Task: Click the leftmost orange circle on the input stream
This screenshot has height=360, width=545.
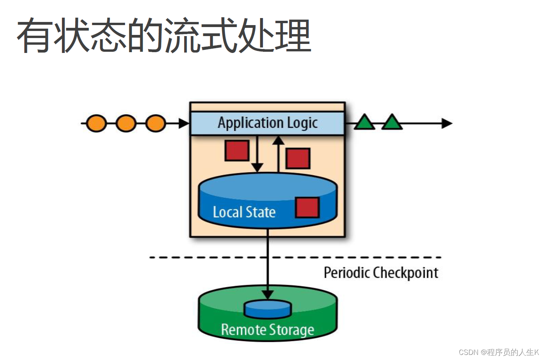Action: coord(96,123)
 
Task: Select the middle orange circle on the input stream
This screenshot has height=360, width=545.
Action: coord(126,123)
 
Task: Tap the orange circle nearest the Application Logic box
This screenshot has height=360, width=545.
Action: coord(156,123)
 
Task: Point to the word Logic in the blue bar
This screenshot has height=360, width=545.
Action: coord(302,123)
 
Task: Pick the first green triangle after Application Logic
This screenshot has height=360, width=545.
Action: coord(364,123)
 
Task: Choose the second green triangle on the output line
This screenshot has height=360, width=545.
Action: coord(392,123)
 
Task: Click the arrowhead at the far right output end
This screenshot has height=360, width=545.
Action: coord(447,123)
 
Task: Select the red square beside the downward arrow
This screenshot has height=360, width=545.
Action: coord(237,151)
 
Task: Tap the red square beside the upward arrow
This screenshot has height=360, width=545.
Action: coord(298,158)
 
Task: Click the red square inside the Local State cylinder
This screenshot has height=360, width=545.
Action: coord(307,207)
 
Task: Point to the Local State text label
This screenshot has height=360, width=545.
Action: coord(244,212)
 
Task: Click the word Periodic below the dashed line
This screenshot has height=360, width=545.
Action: coord(347,273)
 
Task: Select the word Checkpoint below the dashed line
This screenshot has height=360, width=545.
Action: coord(405,273)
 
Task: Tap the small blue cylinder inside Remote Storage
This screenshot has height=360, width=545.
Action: coord(268,309)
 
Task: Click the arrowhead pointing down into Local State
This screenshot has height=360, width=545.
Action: coord(257,167)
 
